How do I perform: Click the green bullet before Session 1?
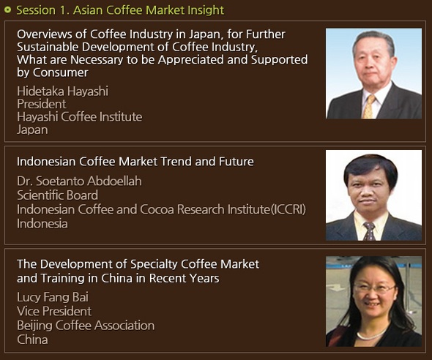8,10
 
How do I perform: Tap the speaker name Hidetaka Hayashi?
62,91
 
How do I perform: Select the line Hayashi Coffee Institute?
80,116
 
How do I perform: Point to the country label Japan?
32,130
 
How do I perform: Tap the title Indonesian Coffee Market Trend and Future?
135,161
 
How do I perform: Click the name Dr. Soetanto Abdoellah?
79,181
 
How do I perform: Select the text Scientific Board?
57,195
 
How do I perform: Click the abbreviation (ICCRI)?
288,209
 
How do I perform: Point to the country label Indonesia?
42,223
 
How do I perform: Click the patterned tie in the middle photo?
369,231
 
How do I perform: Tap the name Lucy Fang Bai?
53,297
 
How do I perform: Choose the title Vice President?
54,311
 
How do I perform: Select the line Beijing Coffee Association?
86,326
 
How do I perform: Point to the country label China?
32,340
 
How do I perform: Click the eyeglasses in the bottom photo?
375,288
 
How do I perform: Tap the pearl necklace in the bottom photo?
372,334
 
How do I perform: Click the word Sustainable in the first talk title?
48,47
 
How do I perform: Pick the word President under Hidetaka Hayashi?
42,104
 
